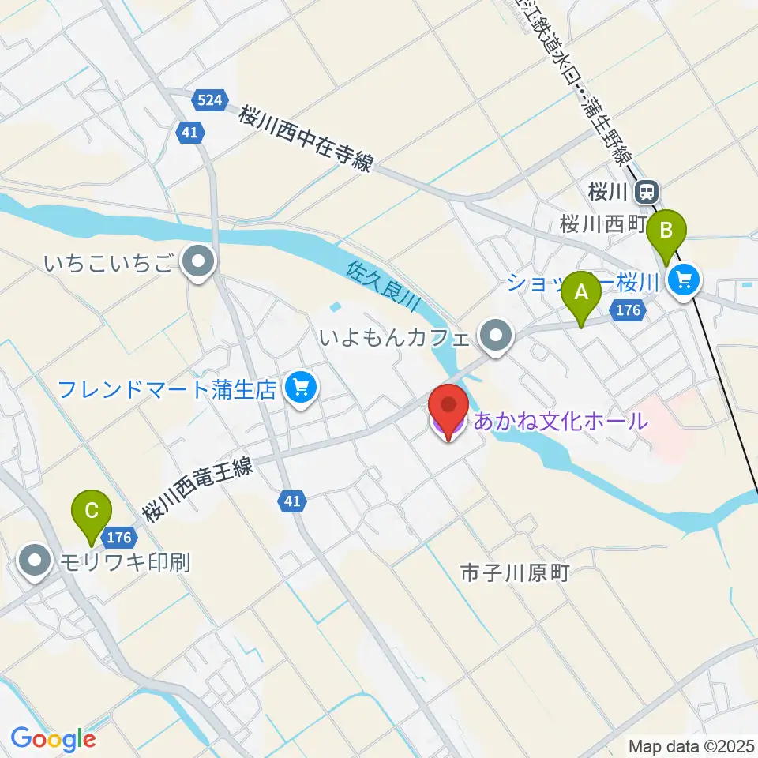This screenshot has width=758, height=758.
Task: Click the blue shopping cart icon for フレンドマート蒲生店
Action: pos(301,387)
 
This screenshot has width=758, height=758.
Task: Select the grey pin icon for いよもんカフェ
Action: pos(496,336)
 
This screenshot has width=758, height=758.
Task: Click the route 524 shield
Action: pos(210,100)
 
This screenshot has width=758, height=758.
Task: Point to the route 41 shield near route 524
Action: pos(189,133)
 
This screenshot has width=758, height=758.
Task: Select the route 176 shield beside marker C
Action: pos(118,538)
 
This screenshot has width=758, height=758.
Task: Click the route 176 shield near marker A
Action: pos(628,310)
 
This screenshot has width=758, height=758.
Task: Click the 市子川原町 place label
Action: pos(515,574)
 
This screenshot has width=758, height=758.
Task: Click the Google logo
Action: pos(53,739)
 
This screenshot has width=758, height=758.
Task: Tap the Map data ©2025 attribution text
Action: pos(691,745)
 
